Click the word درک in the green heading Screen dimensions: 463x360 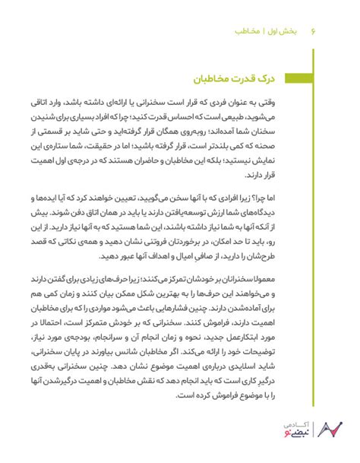[x=286, y=78]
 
